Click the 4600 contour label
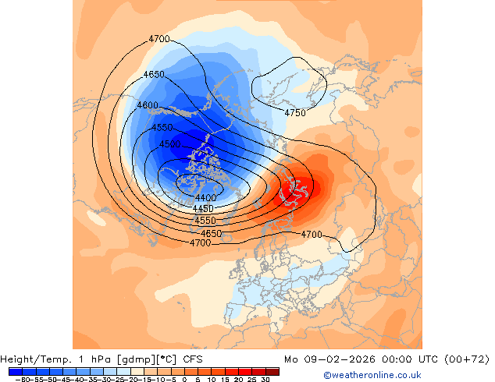148,105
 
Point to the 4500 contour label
169,144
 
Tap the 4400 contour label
206,199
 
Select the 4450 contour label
203,209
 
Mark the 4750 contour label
295,113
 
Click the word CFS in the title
193,359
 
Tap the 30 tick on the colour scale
265,380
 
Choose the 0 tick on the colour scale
184,380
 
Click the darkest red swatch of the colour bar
272,371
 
